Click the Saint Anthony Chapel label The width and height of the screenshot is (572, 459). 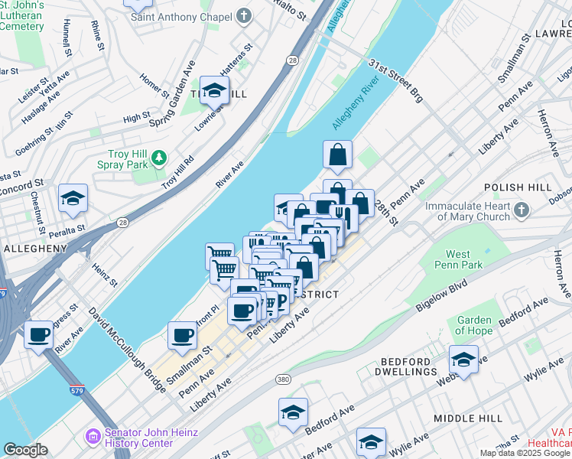click(180, 16)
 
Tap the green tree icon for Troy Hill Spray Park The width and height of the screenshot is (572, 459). click(159, 158)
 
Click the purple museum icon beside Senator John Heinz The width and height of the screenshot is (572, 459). click(93, 436)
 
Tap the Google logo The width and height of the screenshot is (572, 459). click(25, 450)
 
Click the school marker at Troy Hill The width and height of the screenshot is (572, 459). click(214, 91)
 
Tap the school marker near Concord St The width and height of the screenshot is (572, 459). click(73, 198)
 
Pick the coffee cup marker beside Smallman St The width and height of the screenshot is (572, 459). click(183, 334)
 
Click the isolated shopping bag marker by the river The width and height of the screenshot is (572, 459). click(337, 155)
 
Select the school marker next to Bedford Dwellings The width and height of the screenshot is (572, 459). click(463, 360)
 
